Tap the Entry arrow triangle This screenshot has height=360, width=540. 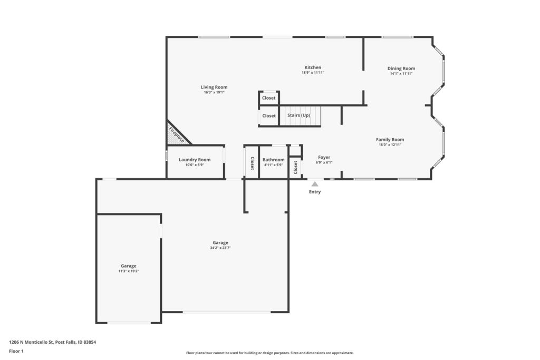315,184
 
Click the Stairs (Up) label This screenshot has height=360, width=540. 299,115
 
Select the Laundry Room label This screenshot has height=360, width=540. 195,160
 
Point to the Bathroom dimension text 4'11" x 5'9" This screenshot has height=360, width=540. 274,165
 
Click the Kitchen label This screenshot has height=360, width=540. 313,67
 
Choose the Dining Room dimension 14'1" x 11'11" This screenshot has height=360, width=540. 401,74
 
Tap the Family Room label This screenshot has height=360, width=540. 390,139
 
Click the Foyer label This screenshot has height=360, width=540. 324,157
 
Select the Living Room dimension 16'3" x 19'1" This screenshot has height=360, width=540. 214,92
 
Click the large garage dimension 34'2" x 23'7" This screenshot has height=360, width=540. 220,248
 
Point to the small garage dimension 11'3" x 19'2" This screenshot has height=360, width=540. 129,271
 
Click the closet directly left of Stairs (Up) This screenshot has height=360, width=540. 268,116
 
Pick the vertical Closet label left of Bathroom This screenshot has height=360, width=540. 252,163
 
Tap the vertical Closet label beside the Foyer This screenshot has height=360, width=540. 295,168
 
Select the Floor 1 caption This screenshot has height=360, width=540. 16,351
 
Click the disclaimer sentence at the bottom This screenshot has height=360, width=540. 269,353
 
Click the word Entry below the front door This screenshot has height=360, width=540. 315,192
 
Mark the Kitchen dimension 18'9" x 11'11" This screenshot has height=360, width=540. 313,73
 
